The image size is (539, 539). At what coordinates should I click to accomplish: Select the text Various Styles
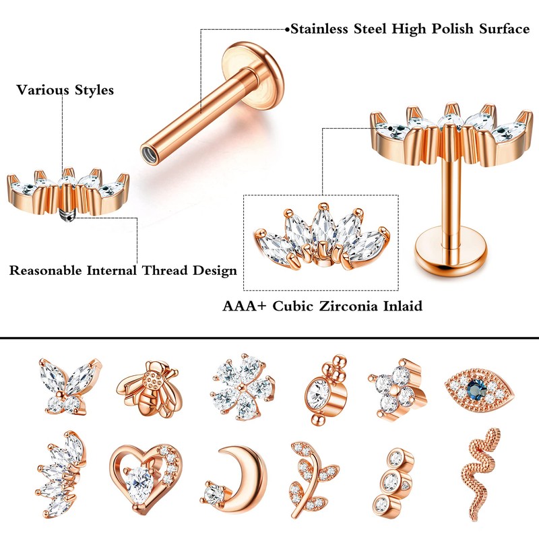pos(65,90)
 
